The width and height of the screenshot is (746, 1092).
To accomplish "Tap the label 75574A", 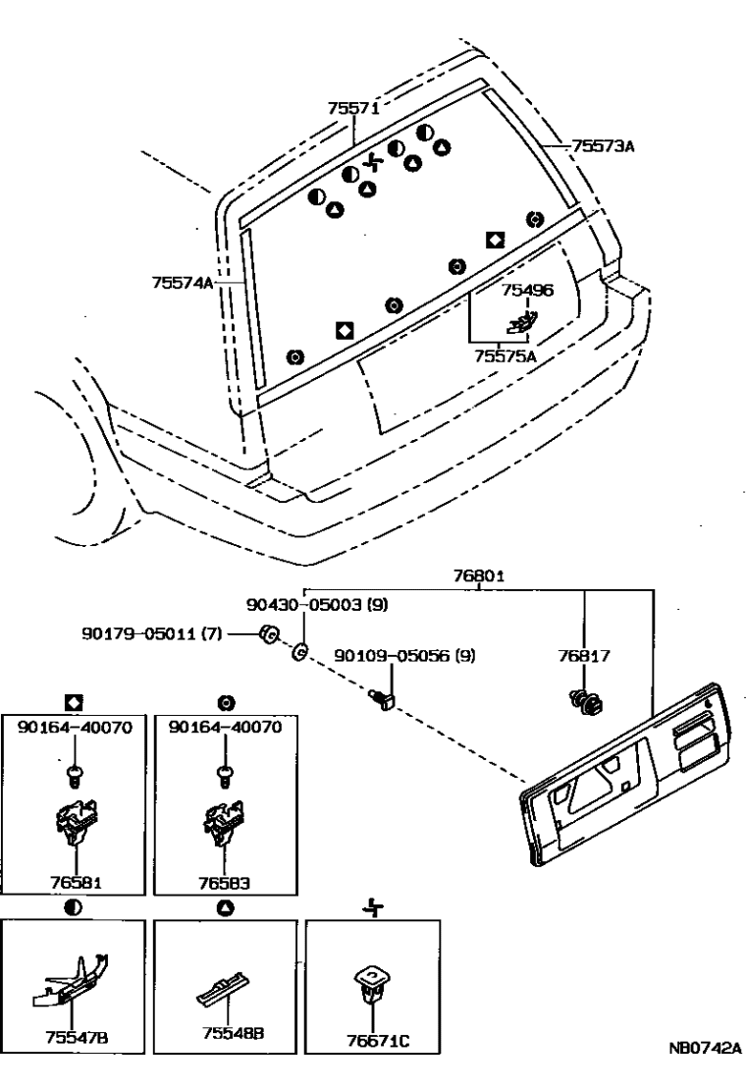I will tap(183, 282).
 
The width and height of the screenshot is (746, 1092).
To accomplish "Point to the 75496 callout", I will tap(528, 291).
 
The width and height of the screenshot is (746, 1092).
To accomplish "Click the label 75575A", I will tap(506, 356).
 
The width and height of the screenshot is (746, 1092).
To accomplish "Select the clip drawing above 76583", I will tap(225, 824).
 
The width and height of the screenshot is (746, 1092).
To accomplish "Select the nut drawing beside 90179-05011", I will tap(266, 635).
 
